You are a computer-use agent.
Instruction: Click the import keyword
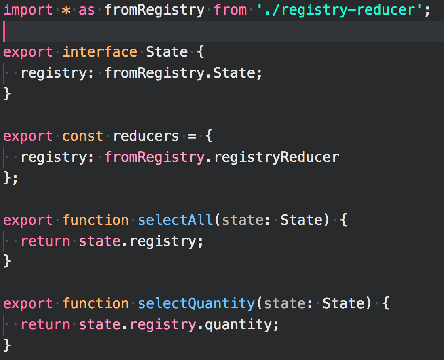tap(28, 10)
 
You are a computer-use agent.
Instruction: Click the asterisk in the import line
tap(66, 10)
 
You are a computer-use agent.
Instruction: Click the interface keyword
tap(99, 52)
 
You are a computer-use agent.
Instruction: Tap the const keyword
tap(82, 136)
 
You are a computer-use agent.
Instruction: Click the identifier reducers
tap(146, 136)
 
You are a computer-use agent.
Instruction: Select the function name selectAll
tap(175, 220)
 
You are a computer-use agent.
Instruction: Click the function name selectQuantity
tap(196, 304)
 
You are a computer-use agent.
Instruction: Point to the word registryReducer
tap(276, 157)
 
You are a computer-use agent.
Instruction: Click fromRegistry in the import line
tap(154, 10)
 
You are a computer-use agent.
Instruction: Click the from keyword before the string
tap(230, 10)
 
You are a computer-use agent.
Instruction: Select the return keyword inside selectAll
tap(45, 241)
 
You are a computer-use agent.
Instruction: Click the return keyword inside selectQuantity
tap(45, 325)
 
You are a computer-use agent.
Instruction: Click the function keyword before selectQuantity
tap(95, 304)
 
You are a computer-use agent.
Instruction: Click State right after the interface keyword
tap(167, 52)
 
